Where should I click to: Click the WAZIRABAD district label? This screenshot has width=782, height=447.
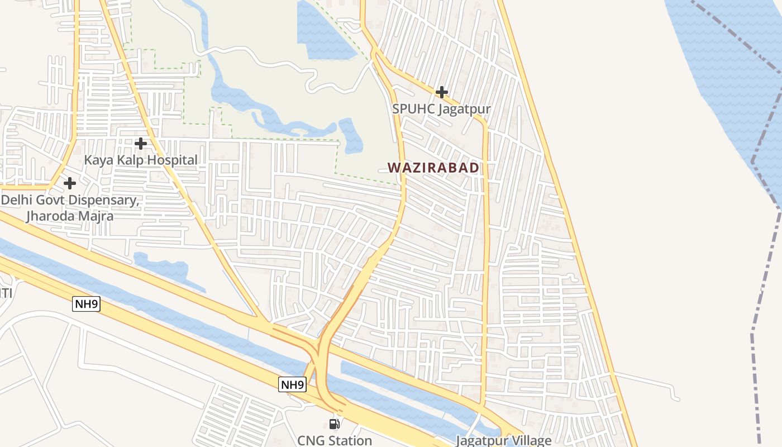coord(433,168)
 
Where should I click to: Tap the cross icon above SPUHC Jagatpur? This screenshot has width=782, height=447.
coord(442,92)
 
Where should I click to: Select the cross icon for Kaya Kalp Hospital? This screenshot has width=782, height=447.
coord(141,144)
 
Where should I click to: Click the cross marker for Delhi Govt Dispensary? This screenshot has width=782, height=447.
coord(70,183)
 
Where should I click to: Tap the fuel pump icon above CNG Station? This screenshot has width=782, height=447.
coord(335,424)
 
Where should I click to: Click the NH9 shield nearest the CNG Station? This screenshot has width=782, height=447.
coord(293,384)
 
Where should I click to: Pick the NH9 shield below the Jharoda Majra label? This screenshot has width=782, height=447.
coord(86,304)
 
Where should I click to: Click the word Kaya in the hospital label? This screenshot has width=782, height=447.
coord(97,160)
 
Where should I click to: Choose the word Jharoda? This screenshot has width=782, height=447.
coord(50,216)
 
